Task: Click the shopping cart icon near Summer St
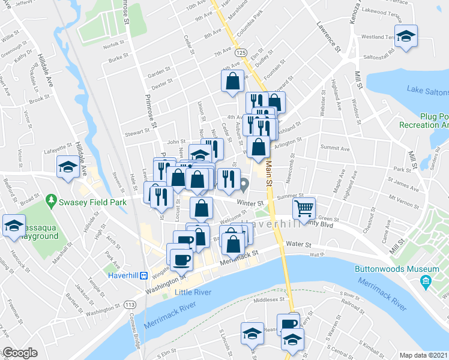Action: tap(304, 209)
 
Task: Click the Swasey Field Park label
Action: tap(92, 202)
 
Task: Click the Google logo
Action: tap(20, 353)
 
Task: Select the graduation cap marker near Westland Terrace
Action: tap(406, 35)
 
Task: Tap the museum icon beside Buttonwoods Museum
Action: tap(426, 280)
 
